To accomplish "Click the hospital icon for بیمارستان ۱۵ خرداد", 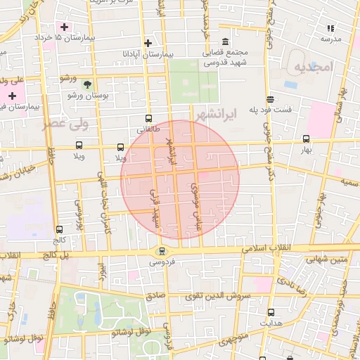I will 64,26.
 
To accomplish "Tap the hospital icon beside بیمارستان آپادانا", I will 147,43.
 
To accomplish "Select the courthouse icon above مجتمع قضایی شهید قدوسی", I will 225,42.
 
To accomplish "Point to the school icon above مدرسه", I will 330,28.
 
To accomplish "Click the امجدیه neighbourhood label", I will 311,67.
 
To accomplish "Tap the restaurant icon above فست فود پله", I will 270,100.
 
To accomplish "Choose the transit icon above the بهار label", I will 306,139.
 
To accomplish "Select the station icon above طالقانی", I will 148,119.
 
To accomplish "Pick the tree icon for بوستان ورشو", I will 87,83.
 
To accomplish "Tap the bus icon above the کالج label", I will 58,229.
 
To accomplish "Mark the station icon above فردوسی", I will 162,250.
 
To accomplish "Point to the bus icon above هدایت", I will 270,311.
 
